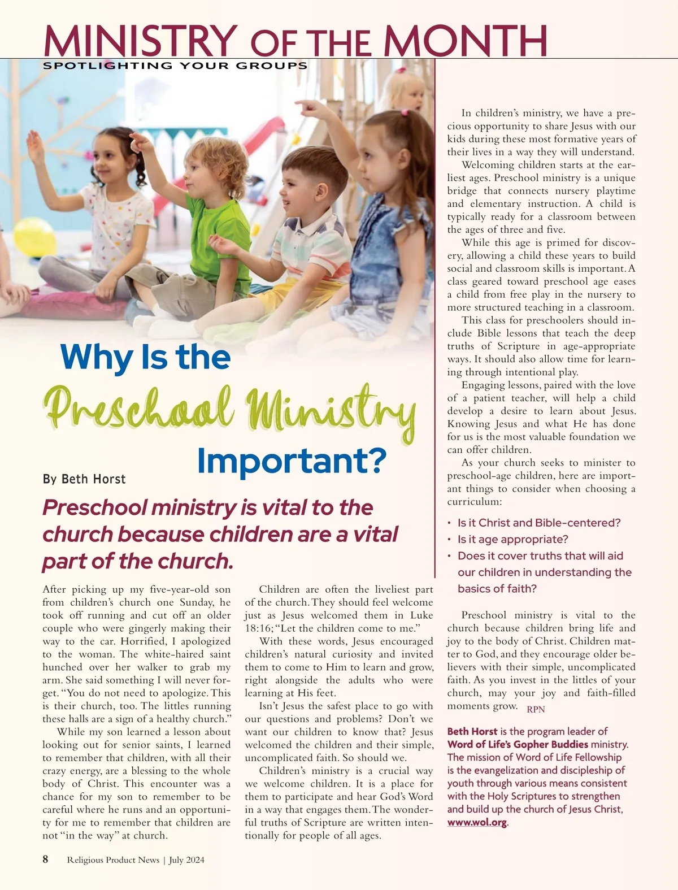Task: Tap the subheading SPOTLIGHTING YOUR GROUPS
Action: click(175, 66)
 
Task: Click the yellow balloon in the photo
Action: click(34, 237)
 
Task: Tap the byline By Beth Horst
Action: click(84, 479)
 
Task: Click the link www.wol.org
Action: click(477, 822)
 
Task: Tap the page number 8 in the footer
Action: click(46, 859)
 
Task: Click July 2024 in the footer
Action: click(186, 860)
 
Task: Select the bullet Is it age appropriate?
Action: click(512, 540)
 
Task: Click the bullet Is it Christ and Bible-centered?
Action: click(538, 523)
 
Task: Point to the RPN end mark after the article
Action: click(536, 709)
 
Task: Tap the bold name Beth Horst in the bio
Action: click(472, 731)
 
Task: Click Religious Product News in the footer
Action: click(113, 860)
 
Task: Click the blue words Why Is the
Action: click(145, 357)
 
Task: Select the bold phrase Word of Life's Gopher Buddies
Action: click(518, 744)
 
